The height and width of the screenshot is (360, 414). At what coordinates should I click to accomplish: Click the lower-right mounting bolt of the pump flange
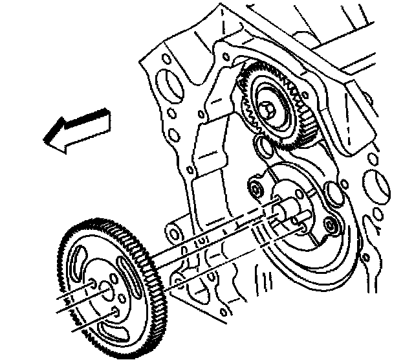[x=331, y=227]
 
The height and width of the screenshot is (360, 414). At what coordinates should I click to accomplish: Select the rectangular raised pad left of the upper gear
[x=210, y=149]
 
